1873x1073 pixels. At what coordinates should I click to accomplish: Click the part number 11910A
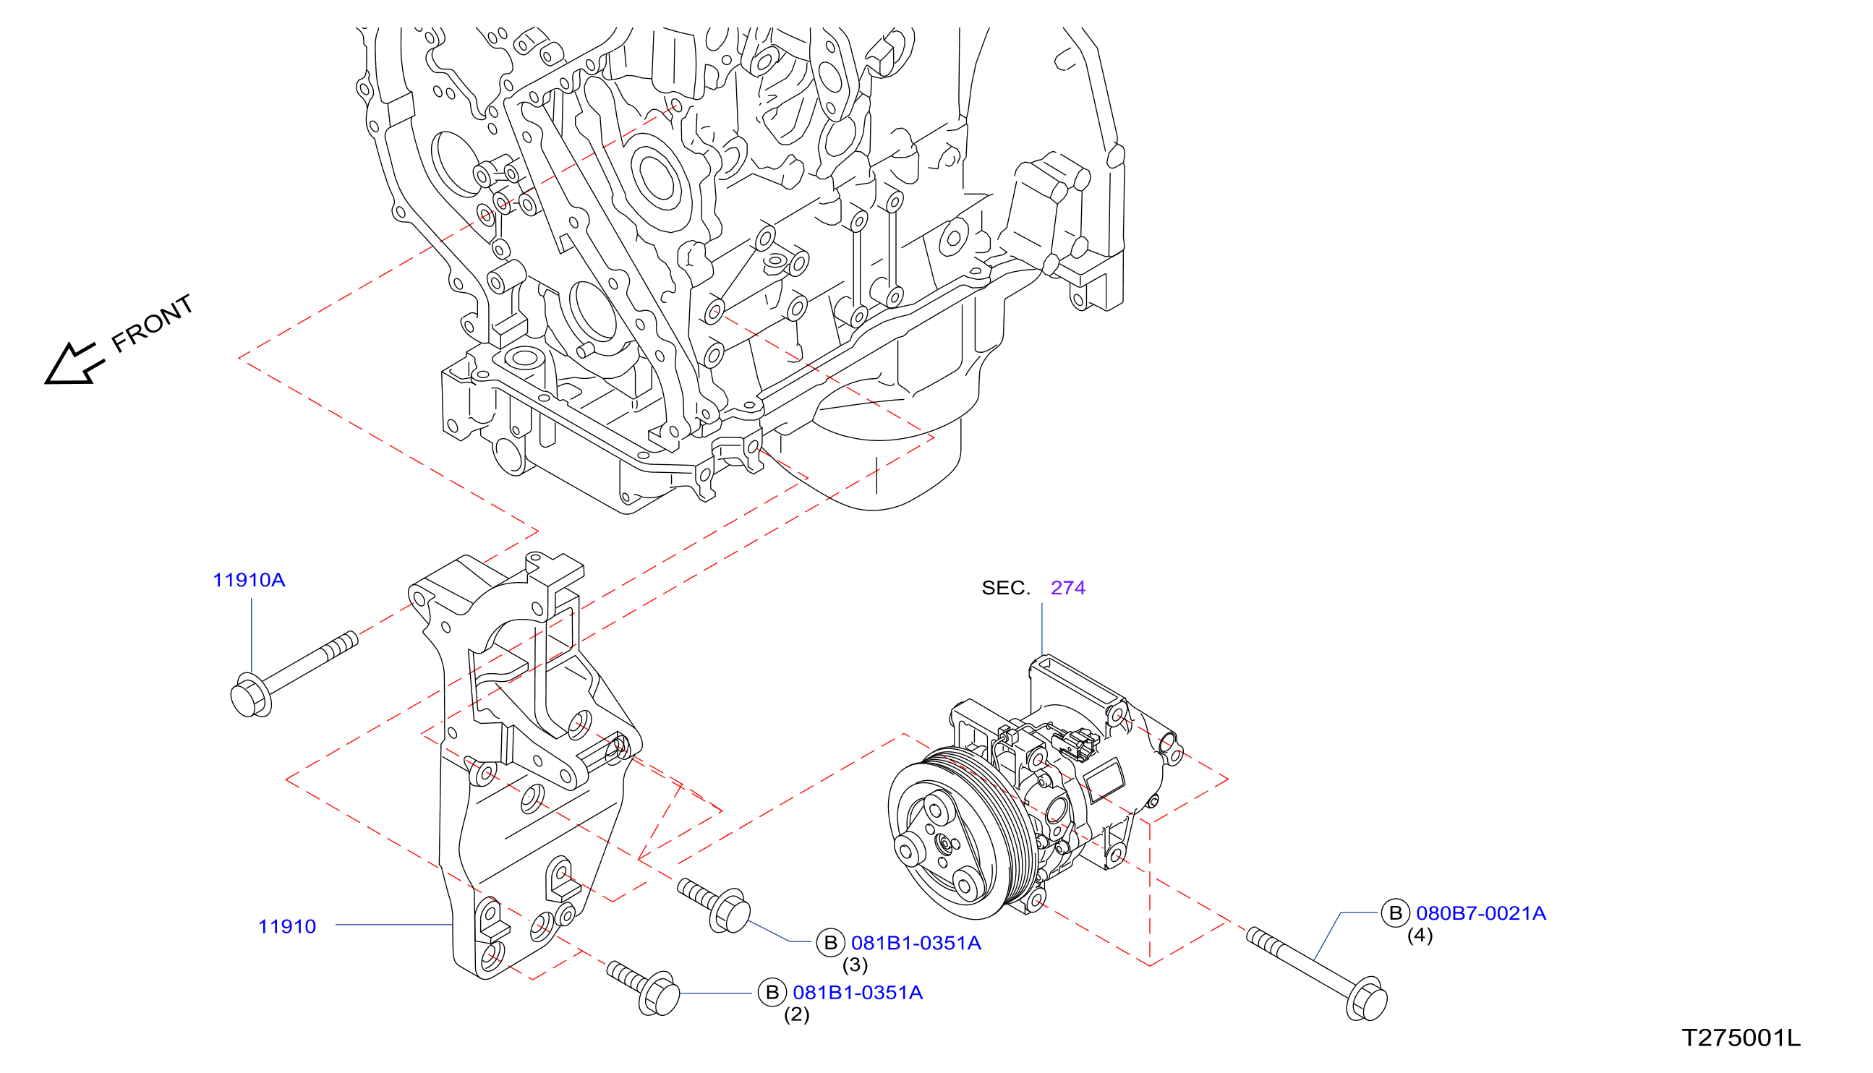click(248, 581)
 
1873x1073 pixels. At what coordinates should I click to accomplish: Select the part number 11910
click(286, 927)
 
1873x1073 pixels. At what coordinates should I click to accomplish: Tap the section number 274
click(1067, 588)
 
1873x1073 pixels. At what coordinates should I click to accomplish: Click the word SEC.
click(1005, 588)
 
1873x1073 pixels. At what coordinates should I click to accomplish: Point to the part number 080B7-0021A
click(1481, 914)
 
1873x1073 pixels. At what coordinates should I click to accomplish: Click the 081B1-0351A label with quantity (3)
click(916, 944)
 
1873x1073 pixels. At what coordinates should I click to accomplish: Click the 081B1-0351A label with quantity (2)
click(858, 993)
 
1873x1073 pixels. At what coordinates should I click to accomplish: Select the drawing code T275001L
click(1741, 1038)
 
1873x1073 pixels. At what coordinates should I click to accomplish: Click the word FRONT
click(153, 322)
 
